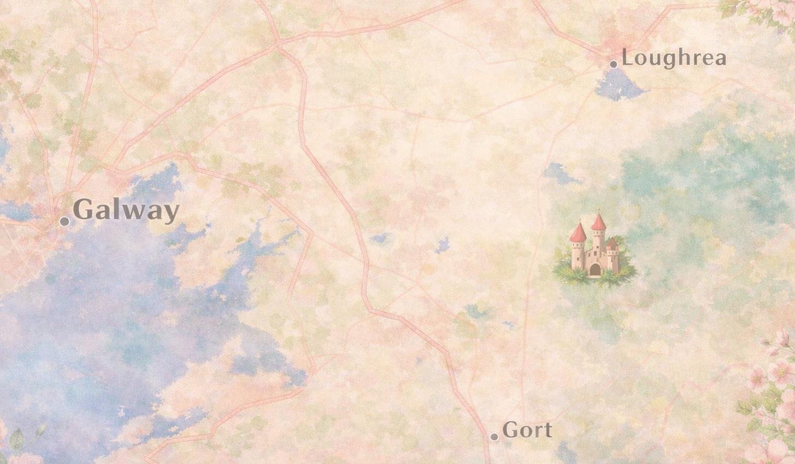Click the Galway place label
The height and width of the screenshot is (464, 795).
point(125,210)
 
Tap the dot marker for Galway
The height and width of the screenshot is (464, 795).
point(64,221)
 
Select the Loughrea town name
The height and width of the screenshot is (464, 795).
point(674,58)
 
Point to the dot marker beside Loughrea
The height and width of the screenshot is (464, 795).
point(613,64)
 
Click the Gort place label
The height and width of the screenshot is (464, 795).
point(527,430)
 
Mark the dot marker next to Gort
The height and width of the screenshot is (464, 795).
point(494,437)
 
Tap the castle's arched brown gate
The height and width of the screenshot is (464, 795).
point(594,269)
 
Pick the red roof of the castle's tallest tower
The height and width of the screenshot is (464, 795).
point(599,222)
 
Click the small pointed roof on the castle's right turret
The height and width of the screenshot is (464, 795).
point(612,242)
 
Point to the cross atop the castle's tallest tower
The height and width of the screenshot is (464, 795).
point(599,209)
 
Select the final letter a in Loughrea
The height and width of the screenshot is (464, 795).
point(720,60)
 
